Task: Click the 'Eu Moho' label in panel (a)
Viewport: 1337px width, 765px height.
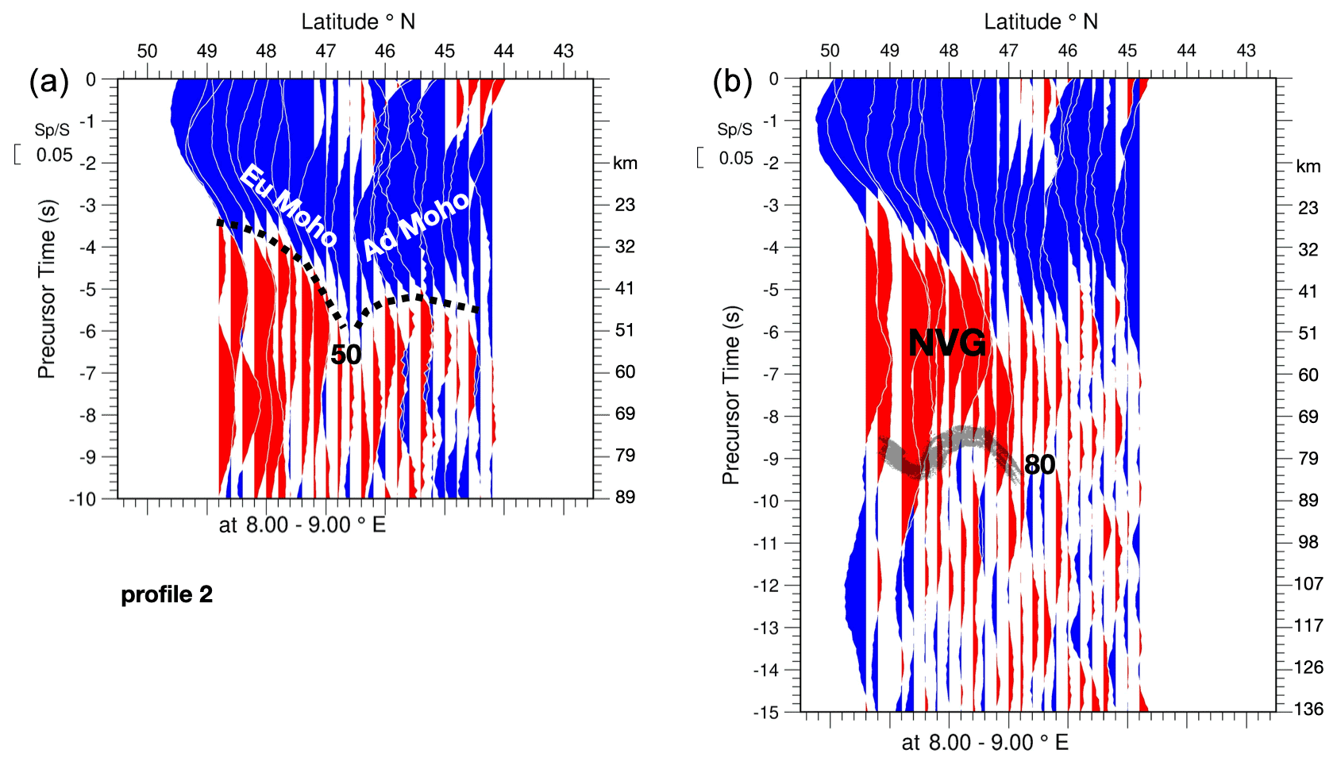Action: (x=288, y=204)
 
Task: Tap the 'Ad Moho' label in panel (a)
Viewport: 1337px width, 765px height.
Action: (x=416, y=225)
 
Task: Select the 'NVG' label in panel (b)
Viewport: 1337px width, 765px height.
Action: (x=947, y=343)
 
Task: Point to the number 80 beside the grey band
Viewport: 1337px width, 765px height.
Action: (x=1039, y=464)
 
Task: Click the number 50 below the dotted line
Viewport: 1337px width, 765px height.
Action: (x=346, y=355)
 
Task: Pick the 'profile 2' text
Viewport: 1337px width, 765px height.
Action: (x=167, y=594)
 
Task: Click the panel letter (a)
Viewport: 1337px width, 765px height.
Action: (x=49, y=81)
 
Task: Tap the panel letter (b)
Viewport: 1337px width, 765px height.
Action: (x=732, y=81)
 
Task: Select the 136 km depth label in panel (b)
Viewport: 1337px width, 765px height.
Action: (x=1308, y=709)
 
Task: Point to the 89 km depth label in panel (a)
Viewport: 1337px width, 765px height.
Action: (x=625, y=498)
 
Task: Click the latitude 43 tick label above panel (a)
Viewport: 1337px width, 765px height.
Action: (x=564, y=52)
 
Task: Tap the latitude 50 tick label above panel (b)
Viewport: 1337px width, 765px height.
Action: (x=830, y=52)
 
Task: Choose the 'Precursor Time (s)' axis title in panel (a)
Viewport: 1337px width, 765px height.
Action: (x=47, y=289)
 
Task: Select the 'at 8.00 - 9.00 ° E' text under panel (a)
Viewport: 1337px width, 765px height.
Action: (x=302, y=525)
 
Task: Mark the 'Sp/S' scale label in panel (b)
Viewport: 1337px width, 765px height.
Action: (x=734, y=129)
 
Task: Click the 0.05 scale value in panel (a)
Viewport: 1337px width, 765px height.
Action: (x=54, y=156)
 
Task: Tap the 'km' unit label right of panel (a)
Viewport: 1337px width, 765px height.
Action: (x=625, y=163)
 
